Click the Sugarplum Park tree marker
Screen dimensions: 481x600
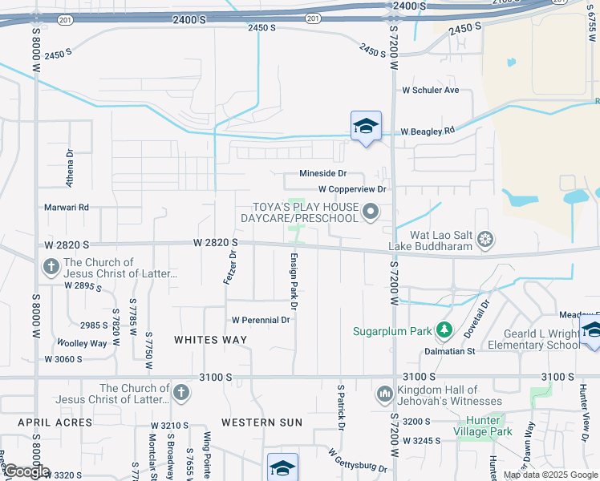pos(443,329)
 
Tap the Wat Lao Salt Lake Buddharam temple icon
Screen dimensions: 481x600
pos(484,239)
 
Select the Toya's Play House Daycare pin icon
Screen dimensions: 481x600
pos(370,212)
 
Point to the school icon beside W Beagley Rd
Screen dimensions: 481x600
pos(366,127)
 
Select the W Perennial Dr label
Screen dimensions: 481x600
pos(260,320)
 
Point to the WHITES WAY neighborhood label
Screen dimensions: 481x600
pos(209,340)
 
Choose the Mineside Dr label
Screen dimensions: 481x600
pos(322,173)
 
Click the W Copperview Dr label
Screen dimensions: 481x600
pos(352,190)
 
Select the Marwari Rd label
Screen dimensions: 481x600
pos(67,207)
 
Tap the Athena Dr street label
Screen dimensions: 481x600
pos(70,168)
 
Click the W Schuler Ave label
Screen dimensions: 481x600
pos(430,91)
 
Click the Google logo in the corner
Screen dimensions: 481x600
pos(26,472)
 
